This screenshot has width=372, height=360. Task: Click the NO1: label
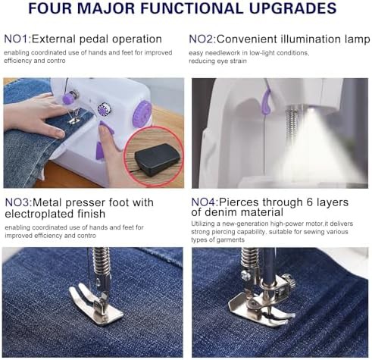pyautogui.click(x=17, y=39)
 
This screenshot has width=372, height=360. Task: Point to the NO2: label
pyautogui.click(x=202, y=39)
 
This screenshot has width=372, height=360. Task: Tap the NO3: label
pyautogui.click(x=18, y=202)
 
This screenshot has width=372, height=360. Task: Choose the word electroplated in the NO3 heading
pyautogui.click(x=39, y=214)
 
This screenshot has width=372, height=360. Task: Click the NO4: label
pyautogui.click(x=205, y=202)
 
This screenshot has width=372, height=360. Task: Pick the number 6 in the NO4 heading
pyautogui.click(x=310, y=202)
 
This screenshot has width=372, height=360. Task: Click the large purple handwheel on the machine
pyautogui.click(x=142, y=114)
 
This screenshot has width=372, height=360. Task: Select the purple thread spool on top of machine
pyautogui.click(x=69, y=97)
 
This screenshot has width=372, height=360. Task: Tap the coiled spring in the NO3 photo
pyautogui.click(x=102, y=261)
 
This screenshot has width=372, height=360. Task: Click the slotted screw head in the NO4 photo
pyautogui.click(x=245, y=275)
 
